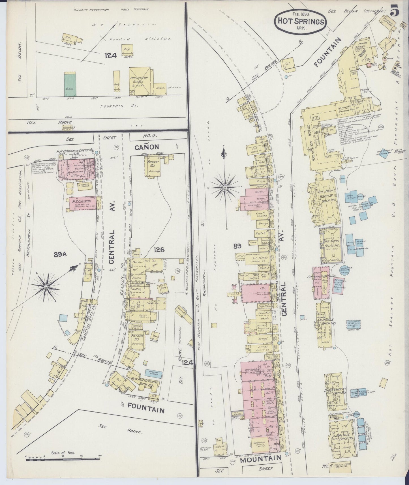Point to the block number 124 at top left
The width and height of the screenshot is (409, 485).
[110, 56]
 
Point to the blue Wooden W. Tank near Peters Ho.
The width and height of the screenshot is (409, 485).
[153, 374]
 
